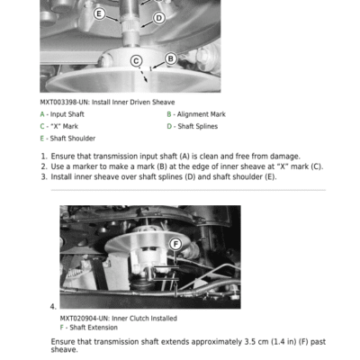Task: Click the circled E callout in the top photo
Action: (99, 13)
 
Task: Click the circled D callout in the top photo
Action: (159, 18)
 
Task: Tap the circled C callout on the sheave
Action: (136, 61)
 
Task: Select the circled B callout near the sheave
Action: (171, 58)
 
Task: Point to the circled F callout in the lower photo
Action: (175, 244)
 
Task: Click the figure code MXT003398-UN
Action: (64, 103)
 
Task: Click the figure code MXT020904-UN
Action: (85, 319)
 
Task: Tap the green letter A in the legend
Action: (42, 114)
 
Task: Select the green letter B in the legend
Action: (169, 114)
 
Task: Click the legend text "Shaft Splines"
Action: (198, 126)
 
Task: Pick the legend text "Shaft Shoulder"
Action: (73, 139)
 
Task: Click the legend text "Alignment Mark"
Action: (202, 114)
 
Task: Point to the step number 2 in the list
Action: (44, 166)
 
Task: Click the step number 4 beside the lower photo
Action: (53, 307)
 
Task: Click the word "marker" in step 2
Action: (85, 166)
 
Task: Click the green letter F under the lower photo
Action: (62, 328)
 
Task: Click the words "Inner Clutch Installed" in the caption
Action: (144, 319)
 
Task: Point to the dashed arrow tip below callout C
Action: (147, 82)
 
